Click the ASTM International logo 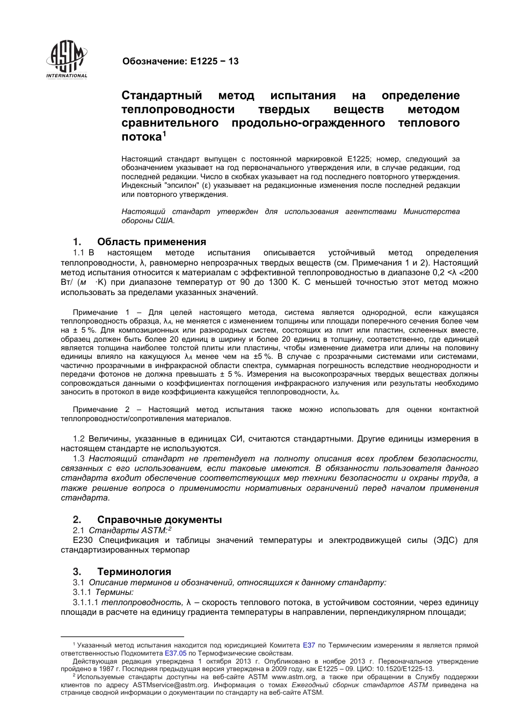[x=67, y=60]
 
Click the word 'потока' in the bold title [x=141, y=137]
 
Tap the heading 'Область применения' [x=151, y=242]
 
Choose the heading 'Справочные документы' [x=159, y=519]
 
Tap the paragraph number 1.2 [x=79, y=439]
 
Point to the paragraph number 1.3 [x=79, y=459]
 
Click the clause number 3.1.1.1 [x=86, y=602]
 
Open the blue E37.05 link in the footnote [x=176, y=653]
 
